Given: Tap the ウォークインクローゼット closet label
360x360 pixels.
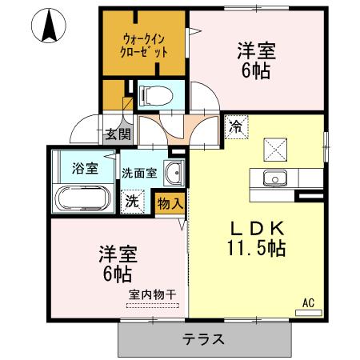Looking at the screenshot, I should [x=146, y=45].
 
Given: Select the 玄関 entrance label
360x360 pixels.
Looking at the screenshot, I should [x=118, y=134].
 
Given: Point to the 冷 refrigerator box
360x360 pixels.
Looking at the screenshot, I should [x=236, y=126].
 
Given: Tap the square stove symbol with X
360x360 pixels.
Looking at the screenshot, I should [x=275, y=147].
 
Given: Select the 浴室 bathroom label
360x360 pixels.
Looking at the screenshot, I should [x=84, y=168].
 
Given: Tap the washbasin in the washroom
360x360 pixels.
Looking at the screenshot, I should [x=171, y=171].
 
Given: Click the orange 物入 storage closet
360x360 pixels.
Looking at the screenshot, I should [x=170, y=203].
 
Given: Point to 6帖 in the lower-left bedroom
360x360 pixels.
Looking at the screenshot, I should [x=117, y=276].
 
